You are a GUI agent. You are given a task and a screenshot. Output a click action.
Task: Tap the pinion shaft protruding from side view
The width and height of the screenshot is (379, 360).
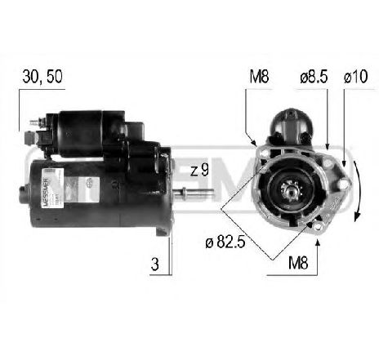coord(194,193)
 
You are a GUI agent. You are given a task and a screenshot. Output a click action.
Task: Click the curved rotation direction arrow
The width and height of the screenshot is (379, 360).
coord(357,196)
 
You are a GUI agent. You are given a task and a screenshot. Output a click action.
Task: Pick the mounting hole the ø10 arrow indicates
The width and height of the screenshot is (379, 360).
coord(343,184)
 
